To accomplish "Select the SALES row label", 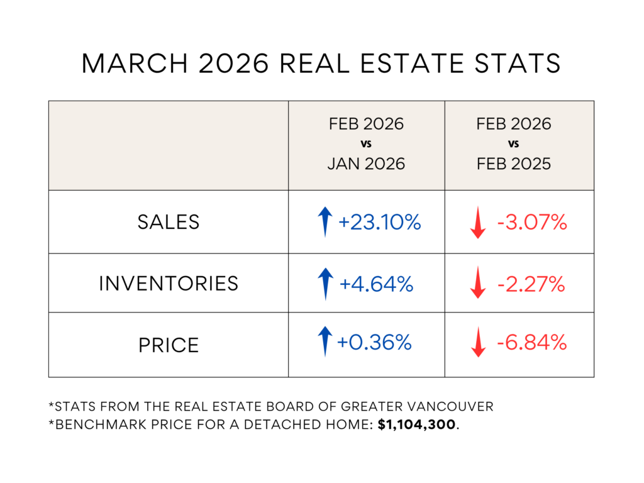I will click(x=169, y=222).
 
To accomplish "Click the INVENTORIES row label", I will click(x=169, y=284).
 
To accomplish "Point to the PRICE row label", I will click(x=169, y=345).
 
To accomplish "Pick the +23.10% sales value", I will click(x=379, y=222).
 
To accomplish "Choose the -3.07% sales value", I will click(x=532, y=222).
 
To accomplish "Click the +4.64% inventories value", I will click(x=376, y=284).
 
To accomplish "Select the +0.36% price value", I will click(x=375, y=343).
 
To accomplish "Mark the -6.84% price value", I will click(x=532, y=343).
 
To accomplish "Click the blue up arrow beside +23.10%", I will click(x=325, y=222).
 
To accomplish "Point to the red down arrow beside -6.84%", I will click(x=479, y=343).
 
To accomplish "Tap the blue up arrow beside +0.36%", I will click(x=325, y=341).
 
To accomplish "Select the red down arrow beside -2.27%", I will click(x=479, y=283).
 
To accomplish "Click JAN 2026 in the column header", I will click(x=366, y=164).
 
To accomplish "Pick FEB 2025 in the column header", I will click(x=514, y=164).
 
